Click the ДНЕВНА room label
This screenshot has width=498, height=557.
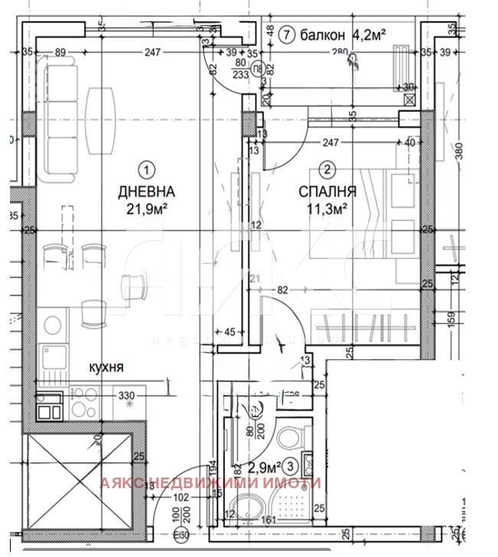[146, 192]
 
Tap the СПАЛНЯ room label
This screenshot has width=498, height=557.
[327, 192]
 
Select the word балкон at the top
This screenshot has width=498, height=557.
[324, 34]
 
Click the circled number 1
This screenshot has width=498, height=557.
[146, 168]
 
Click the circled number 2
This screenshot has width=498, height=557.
[327, 170]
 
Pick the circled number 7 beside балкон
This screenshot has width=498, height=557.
[287, 34]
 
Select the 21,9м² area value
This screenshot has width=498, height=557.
[146, 207]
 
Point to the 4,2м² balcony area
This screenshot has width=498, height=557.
[369, 34]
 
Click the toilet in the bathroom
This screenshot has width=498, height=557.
[289, 437]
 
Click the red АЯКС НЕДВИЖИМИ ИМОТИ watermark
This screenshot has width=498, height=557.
[210, 483]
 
